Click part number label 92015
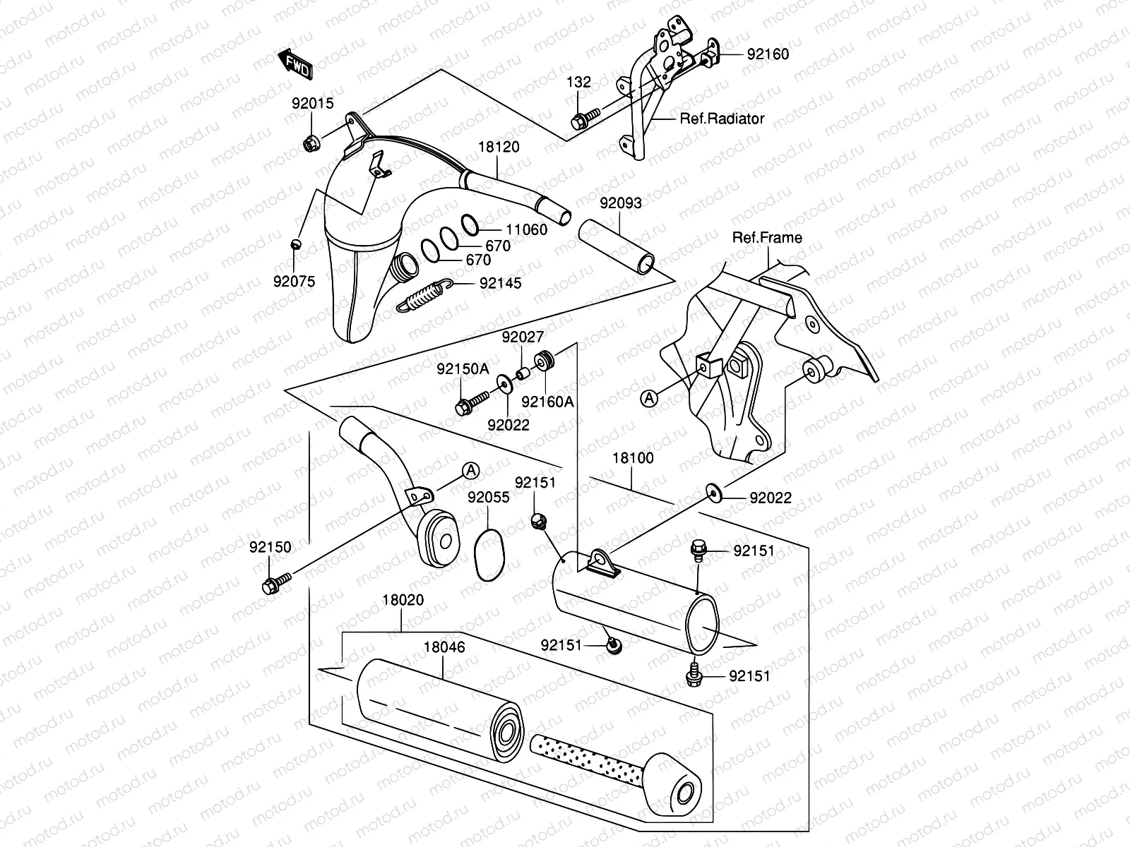click(x=312, y=103)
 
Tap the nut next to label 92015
click(x=311, y=144)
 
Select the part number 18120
click(x=499, y=147)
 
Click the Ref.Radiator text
click(x=722, y=119)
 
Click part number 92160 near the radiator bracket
click(x=768, y=54)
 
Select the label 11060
click(x=526, y=229)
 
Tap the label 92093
click(x=621, y=203)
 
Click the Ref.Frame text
click(x=767, y=237)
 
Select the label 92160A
click(x=548, y=402)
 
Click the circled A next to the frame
click(x=648, y=398)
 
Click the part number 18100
click(x=632, y=457)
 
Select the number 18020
click(x=403, y=601)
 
